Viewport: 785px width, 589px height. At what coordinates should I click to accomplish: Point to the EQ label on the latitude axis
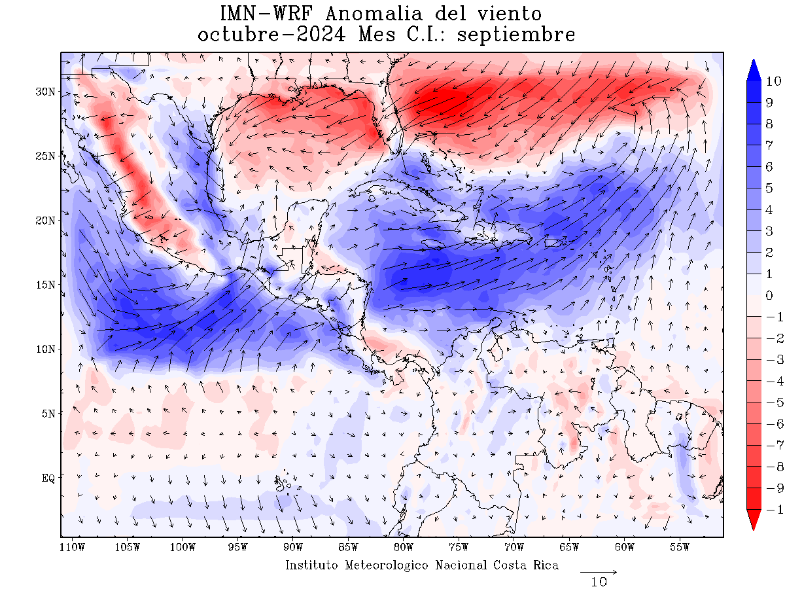pyautogui.click(x=48, y=478)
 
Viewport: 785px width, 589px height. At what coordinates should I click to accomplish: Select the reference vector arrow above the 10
pyautogui.click(x=599, y=572)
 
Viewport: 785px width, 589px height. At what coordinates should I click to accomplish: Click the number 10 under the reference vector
pyautogui.click(x=599, y=581)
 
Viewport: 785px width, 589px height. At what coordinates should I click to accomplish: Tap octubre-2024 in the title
pyautogui.click(x=271, y=35)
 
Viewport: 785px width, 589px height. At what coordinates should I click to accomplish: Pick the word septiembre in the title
pyautogui.click(x=516, y=35)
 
